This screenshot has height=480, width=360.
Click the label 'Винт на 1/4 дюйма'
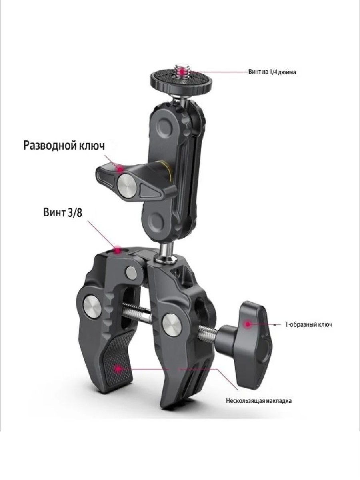[x=272, y=72]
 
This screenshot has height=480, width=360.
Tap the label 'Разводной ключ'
[x=64, y=146]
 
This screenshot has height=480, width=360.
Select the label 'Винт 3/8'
[x=63, y=212]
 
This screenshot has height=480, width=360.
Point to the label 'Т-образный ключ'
[x=308, y=324]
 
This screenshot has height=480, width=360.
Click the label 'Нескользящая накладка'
[x=259, y=401]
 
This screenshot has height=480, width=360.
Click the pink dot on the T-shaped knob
[x=248, y=324]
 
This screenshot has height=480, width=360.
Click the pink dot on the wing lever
[x=120, y=169]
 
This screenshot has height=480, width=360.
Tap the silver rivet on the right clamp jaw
[x=171, y=325]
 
